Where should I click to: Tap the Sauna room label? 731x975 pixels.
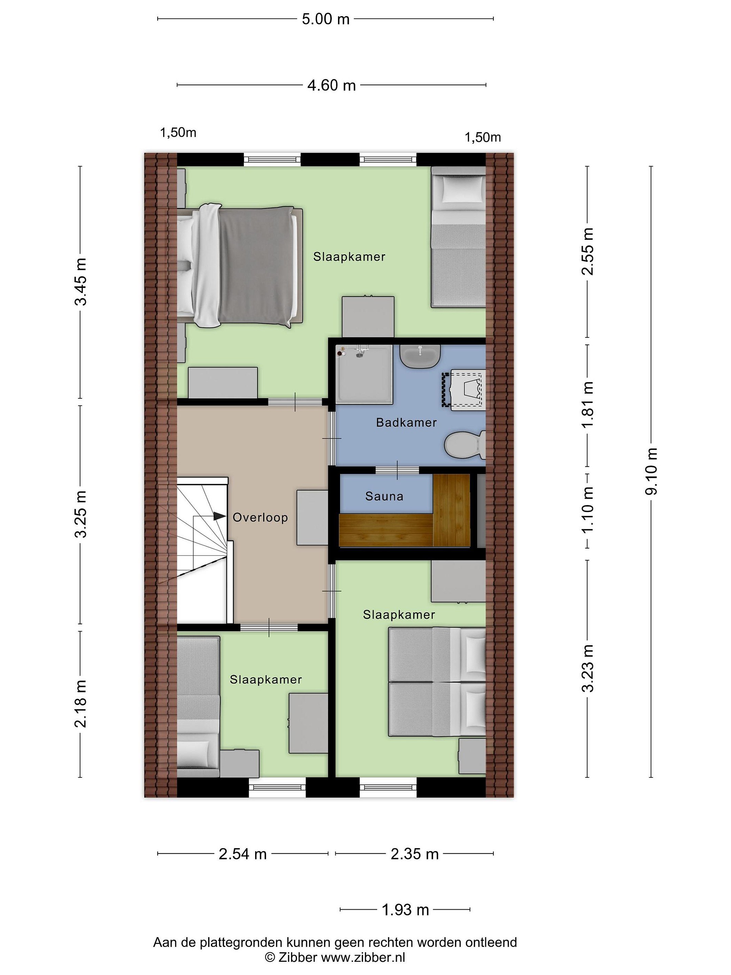pyautogui.click(x=384, y=496)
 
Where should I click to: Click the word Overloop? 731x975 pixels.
pyautogui.click(x=260, y=518)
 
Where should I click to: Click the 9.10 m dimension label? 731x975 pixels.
pyautogui.click(x=651, y=471)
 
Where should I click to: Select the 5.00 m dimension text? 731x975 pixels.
pyautogui.click(x=326, y=19)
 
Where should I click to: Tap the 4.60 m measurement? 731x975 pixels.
pyautogui.click(x=331, y=85)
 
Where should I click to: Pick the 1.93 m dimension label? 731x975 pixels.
pyautogui.click(x=405, y=910)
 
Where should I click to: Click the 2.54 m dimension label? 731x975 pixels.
pyautogui.click(x=243, y=854)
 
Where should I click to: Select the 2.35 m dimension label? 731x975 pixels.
pyautogui.click(x=415, y=854)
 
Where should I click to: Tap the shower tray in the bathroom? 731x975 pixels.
pyautogui.click(x=364, y=374)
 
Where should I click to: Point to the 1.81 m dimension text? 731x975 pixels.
pyautogui.click(x=588, y=405)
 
